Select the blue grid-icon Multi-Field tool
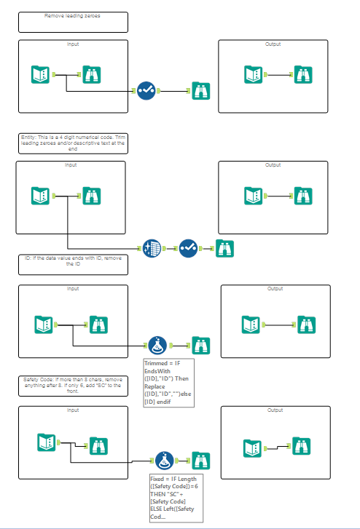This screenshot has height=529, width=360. click(x=152, y=247)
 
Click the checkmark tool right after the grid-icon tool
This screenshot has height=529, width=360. click(x=188, y=247)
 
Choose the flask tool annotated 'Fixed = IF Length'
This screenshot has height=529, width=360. click(x=164, y=460)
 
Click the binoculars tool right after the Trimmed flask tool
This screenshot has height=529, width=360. click(x=200, y=345)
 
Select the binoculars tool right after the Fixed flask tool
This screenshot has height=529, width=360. click(x=200, y=460)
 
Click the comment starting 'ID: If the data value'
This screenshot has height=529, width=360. click(x=73, y=263)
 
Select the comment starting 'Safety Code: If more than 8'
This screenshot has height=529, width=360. click(x=73, y=385)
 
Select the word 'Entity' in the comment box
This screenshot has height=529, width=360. click(x=29, y=137)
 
